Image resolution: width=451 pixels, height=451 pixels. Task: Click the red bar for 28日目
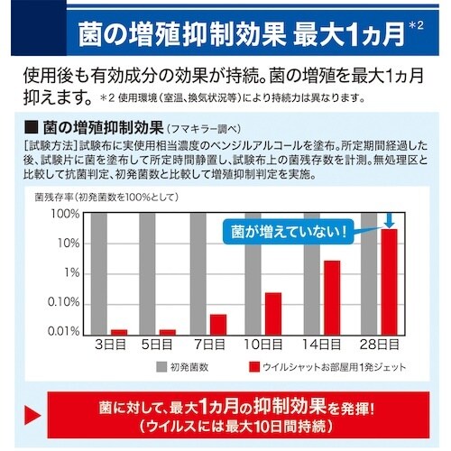[389, 281]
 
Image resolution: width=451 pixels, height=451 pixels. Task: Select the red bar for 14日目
[332, 297]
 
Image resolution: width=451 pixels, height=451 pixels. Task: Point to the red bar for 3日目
[119, 331]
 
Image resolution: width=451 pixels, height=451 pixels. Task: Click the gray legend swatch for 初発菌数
[161, 367]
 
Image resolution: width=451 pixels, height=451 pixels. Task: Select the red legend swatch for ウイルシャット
[254, 367]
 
